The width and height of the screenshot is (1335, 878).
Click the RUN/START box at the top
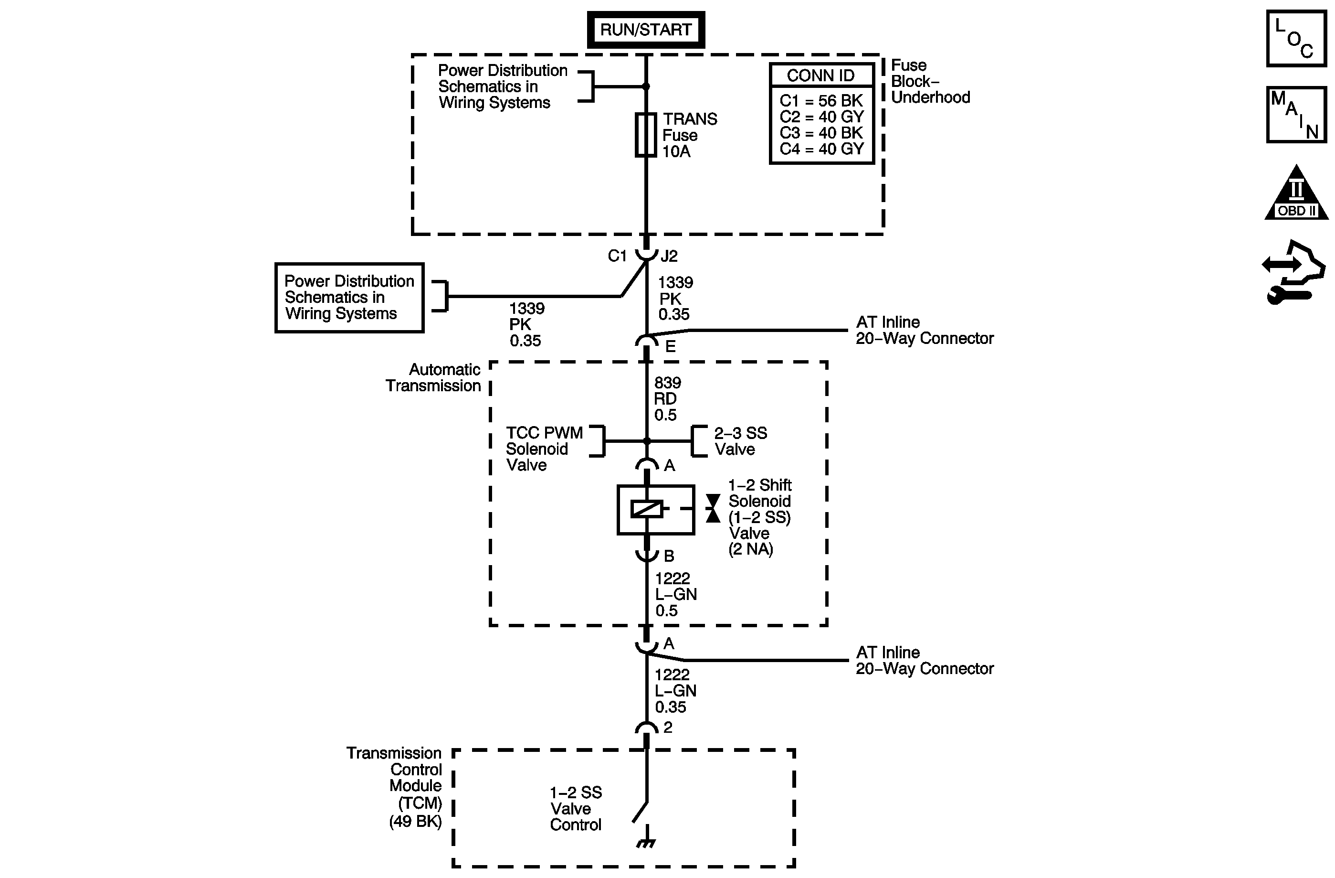point(646,30)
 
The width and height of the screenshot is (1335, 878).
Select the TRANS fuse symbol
point(646,135)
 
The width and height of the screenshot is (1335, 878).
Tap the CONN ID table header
point(821,75)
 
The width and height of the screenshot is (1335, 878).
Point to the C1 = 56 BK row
point(821,101)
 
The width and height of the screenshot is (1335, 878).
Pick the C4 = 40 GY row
point(821,150)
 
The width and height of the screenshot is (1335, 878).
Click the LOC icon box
point(1296,38)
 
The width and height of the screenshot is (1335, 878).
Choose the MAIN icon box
point(1296,115)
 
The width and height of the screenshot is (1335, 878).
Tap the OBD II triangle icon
point(1296,192)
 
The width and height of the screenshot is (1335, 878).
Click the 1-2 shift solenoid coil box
point(656,510)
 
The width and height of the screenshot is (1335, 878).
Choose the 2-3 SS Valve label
point(740,441)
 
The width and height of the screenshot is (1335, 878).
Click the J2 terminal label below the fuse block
point(669,256)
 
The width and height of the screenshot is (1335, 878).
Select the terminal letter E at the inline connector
point(670,347)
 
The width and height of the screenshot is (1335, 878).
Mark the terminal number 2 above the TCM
point(667,728)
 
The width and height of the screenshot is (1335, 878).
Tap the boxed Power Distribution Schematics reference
point(349,298)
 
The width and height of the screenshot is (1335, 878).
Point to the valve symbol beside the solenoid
point(713,509)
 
